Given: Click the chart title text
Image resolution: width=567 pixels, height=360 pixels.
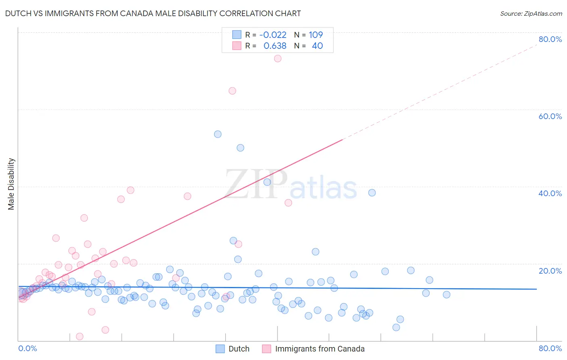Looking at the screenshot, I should pyautogui.click(x=153, y=13).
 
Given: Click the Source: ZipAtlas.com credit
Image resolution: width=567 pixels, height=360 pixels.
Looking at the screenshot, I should pyautogui.click(x=531, y=13).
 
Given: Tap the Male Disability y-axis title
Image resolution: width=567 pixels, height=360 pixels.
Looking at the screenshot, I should pyautogui.click(x=11, y=184).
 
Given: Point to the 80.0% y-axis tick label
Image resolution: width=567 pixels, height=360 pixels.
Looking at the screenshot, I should pyautogui.click(x=550, y=39).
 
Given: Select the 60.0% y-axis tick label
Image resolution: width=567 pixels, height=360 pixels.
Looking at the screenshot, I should pyautogui.click(x=550, y=116).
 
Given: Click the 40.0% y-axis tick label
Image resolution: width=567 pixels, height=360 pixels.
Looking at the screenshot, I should pyautogui.click(x=550, y=193).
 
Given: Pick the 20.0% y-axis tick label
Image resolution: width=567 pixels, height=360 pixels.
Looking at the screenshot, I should pyautogui.click(x=550, y=271).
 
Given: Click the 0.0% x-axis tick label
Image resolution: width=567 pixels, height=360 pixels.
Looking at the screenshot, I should pyautogui.click(x=27, y=348).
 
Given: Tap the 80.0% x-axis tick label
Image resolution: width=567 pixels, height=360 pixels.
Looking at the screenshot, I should pyautogui.click(x=550, y=348).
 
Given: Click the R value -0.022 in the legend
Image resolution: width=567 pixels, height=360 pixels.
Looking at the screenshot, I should pyautogui.click(x=273, y=35).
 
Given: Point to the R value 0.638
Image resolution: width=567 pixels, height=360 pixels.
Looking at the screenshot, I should pyautogui.click(x=275, y=46).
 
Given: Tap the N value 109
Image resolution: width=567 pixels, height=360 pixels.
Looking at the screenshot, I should pyautogui.click(x=316, y=35).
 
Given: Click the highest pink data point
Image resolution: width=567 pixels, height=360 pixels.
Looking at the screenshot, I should pyautogui.click(x=277, y=59).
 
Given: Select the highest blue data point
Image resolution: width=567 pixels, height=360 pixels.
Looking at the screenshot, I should pyautogui.click(x=218, y=134).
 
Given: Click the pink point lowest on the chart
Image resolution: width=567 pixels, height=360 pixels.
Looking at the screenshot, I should pyautogui.click(x=80, y=337).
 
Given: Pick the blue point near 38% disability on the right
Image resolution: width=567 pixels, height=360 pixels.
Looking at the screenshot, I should pyautogui.click(x=372, y=193).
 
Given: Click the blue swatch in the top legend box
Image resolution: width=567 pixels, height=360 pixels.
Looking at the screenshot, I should pyautogui.click(x=237, y=35).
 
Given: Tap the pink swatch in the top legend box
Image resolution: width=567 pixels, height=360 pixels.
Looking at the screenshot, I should pyautogui.click(x=237, y=46).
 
